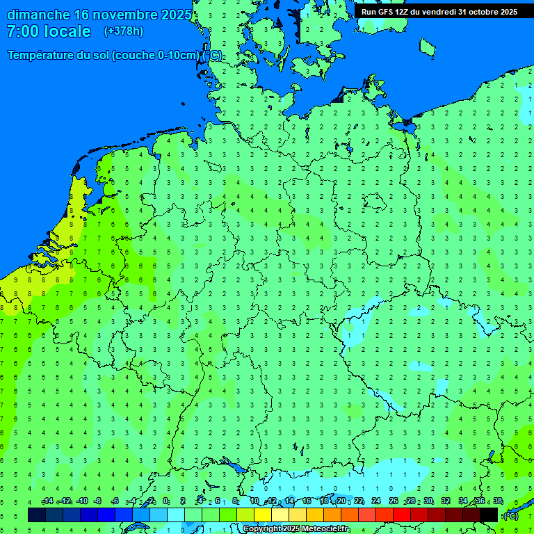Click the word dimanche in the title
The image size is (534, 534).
click(38, 15)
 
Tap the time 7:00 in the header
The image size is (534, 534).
click(23, 31)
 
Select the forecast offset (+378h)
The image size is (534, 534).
click(123, 31)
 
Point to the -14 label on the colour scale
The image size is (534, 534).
click(47, 501)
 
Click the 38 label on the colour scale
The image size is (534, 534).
click(498, 501)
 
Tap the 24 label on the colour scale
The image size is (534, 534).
click(375, 501)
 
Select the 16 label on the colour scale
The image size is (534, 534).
click(307, 501)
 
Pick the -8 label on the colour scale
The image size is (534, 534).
click(98, 501)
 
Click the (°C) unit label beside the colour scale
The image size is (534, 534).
click(510, 515)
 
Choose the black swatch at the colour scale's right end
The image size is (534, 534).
click(489, 515)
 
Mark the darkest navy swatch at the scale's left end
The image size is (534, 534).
click(37, 515)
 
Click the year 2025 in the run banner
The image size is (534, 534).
click(506, 12)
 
